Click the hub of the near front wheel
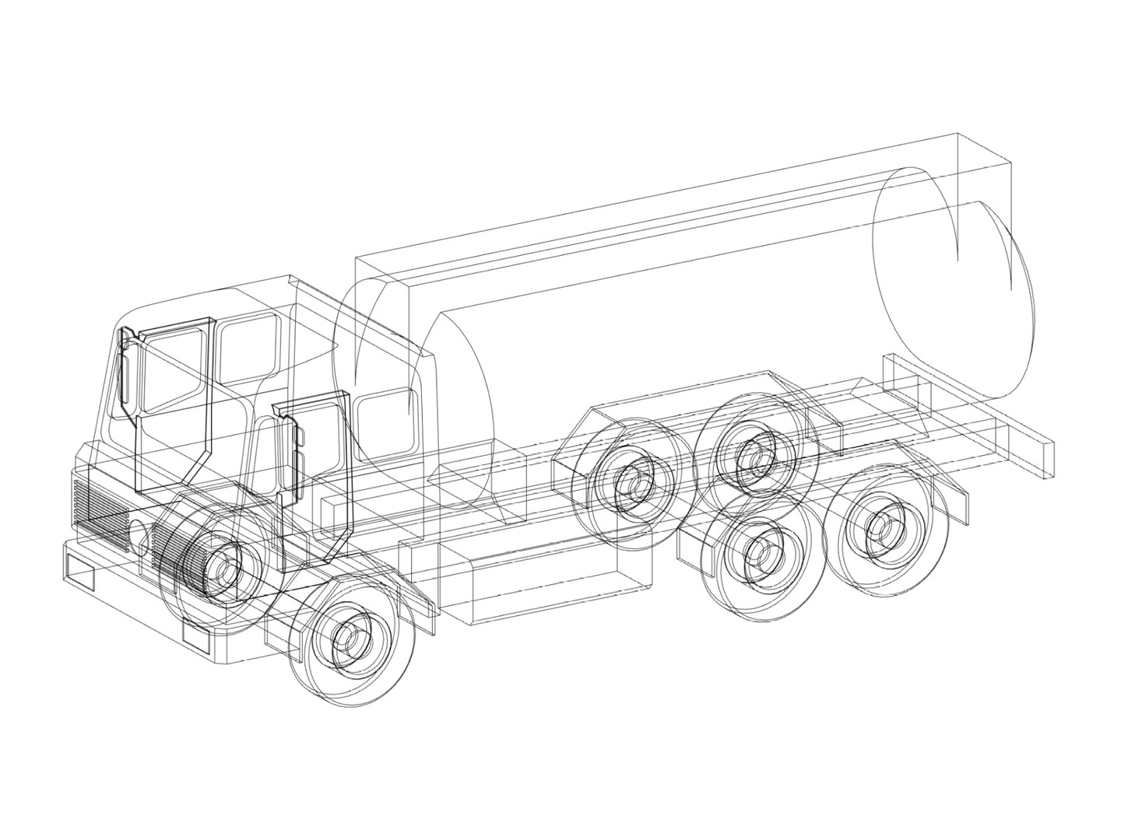(x=349, y=639)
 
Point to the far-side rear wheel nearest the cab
(x=631, y=486)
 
